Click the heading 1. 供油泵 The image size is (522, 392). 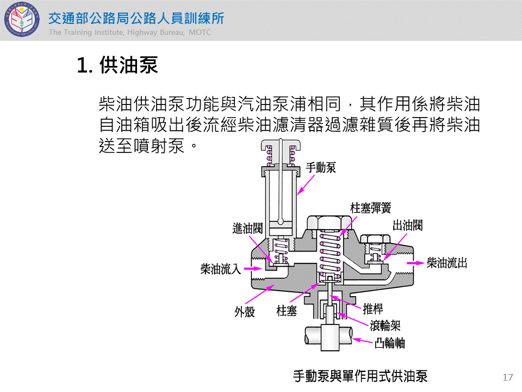[117, 65]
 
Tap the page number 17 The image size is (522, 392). [508, 377]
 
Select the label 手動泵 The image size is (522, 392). [321, 167]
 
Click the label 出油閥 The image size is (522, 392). [407, 225]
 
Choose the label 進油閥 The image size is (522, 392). [247, 229]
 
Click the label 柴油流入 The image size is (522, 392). [220, 269]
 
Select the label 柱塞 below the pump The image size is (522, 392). [287, 311]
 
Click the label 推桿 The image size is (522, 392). [373, 309]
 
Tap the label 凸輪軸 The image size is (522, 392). [389, 343]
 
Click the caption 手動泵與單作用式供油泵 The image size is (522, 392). [360, 376]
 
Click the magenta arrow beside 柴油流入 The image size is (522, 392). [253, 268]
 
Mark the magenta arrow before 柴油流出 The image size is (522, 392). [415, 262]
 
